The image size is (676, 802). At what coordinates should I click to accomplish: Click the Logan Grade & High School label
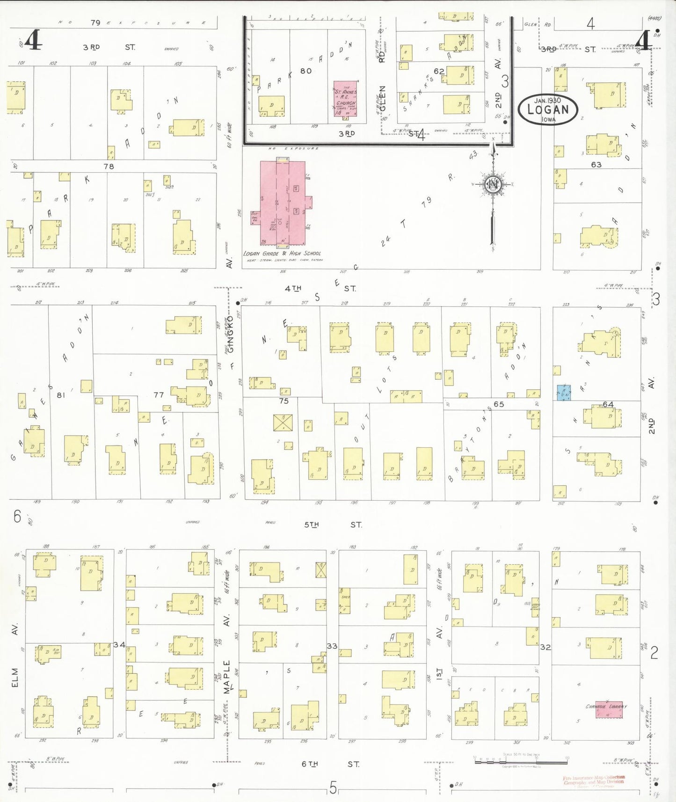coord(282,254)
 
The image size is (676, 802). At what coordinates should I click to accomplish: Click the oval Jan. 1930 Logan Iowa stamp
coord(548,109)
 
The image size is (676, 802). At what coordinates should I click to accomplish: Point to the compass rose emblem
coord(493,184)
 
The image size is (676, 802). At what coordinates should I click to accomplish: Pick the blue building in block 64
coord(563,393)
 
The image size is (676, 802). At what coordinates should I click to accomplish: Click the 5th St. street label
coord(333,525)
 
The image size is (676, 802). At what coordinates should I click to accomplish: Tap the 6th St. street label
coord(330,764)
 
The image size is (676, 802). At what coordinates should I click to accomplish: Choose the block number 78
coord(109,167)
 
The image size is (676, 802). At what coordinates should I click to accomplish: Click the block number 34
coord(119,645)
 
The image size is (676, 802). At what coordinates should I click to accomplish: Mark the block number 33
coord(332,646)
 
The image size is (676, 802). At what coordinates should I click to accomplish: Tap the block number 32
coord(545,647)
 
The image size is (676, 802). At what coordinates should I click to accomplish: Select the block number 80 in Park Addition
coord(306,71)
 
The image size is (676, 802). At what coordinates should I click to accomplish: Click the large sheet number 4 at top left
coord(32,41)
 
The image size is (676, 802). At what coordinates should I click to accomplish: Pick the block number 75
coord(283,401)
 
